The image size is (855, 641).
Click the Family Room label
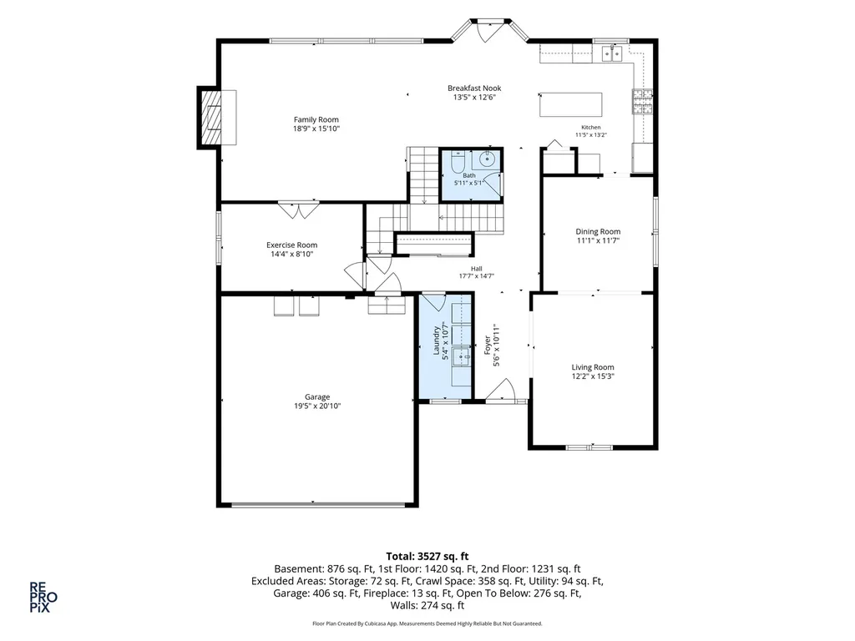click(316, 120)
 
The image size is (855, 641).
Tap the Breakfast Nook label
click(474, 88)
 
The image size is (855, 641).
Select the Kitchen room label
click(591, 128)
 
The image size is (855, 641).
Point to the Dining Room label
click(598, 232)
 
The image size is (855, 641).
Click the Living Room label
click(593, 367)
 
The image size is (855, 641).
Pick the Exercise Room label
click(291, 245)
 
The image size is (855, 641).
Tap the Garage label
click(317, 397)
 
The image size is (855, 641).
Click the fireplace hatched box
click(211, 117)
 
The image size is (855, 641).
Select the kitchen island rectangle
click(571, 104)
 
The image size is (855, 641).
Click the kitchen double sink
click(612, 54)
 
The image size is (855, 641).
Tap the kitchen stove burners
click(643, 102)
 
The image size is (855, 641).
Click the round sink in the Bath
click(487, 159)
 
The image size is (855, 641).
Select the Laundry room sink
click(462, 356)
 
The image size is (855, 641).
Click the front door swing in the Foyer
click(502, 391)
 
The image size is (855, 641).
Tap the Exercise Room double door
click(298, 210)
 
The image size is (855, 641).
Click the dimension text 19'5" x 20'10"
click(317, 406)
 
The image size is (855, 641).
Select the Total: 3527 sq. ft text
click(427, 557)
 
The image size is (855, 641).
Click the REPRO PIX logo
click(43, 598)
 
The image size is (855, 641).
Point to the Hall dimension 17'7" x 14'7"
click(477, 276)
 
